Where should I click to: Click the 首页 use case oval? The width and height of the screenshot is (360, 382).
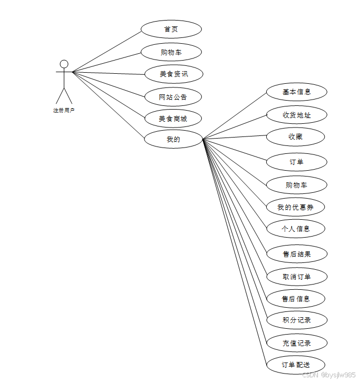tap(171, 29)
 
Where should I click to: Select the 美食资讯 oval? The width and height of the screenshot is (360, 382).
tap(173, 74)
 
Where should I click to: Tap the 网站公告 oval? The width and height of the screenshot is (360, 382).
tap(173, 97)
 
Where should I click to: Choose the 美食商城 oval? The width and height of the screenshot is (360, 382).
tap(173, 119)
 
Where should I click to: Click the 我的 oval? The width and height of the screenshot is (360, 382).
tap(173, 140)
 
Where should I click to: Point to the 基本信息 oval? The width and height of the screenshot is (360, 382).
tap(296, 92)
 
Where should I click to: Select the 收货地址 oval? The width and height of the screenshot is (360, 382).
tap(296, 114)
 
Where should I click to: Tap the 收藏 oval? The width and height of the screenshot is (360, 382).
tap(295, 137)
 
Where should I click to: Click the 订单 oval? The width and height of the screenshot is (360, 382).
tap(296, 162)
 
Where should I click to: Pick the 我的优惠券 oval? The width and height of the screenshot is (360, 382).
tap(295, 207)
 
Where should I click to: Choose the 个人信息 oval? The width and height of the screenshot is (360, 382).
tap(295, 229)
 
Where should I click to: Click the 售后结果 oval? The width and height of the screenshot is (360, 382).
tap(296, 254)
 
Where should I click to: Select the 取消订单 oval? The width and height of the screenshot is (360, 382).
tap(296, 277)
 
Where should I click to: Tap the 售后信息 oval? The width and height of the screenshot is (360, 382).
tap(295, 299)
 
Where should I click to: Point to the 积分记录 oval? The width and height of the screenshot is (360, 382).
tap(296, 320)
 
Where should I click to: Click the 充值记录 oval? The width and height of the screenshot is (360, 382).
tap(296, 343)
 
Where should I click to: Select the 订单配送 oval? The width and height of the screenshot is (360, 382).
tap(295, 365)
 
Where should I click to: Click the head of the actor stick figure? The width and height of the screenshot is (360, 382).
tap(64, 64)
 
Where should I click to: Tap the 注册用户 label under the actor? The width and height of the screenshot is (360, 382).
tap(64, 111)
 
